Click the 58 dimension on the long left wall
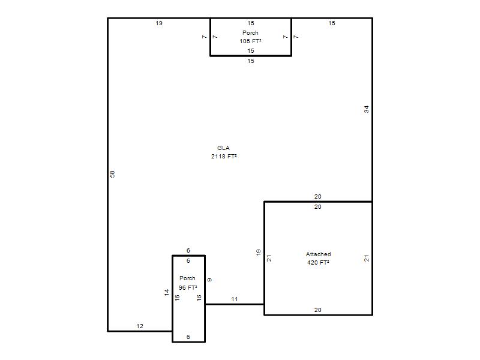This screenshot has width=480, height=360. (x=112, y=174)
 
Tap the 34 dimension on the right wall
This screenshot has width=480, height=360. (x=367, y=109)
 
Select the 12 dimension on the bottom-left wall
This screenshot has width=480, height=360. (x=140, y=326)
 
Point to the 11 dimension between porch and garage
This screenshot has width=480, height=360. (x=235, y=299)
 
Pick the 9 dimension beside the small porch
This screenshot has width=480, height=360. (x=209, y=280)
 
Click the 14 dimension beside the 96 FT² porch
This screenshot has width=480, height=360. (x=167, y=292)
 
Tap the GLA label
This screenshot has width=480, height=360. (x=223, y=148)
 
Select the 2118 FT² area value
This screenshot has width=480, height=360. (x=224, y=157)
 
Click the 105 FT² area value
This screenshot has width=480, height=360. (x=250, y=41)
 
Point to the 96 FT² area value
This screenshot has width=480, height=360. (x=188, y=288)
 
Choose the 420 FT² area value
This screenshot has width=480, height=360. (x=318, y=262)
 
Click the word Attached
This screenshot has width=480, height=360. (x=319, y=254)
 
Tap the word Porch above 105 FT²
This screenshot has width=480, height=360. (x=250, y=33)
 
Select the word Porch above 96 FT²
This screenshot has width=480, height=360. (x=187, y=278)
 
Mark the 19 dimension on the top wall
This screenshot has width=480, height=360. (x=159, y=23)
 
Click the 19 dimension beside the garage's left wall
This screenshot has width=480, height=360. (x=259, y=253)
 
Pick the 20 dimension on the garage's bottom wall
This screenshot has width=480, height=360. (x=318, y=310)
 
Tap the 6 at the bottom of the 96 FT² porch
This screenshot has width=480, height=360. (x=188, y=337)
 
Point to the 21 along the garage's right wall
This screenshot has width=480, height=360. (x=367, y=259)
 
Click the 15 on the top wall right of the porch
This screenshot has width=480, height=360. (x=332, y=23)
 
